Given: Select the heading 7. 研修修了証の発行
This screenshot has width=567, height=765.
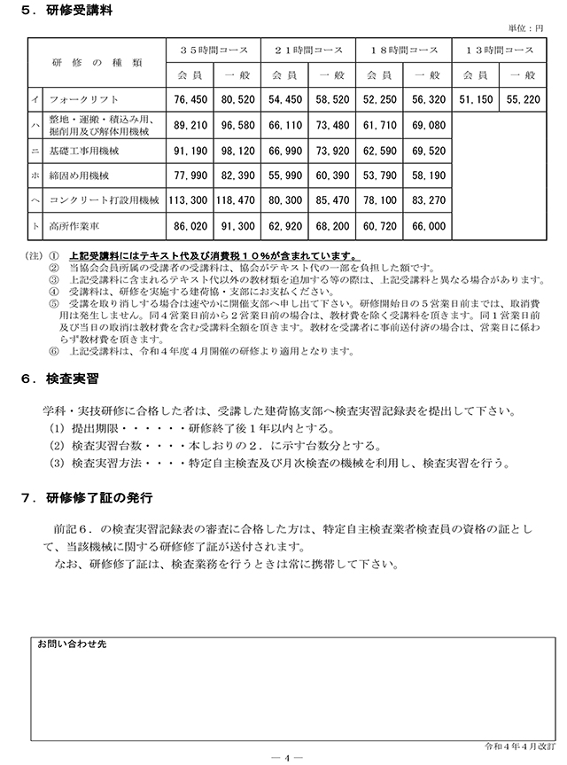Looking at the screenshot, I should pos(85,497).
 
